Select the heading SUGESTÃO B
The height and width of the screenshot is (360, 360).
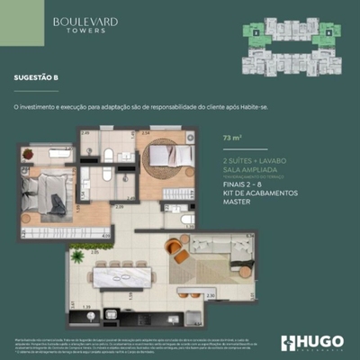37,78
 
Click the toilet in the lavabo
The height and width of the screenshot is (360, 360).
186,220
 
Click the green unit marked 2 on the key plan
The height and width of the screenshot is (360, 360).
256,33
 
